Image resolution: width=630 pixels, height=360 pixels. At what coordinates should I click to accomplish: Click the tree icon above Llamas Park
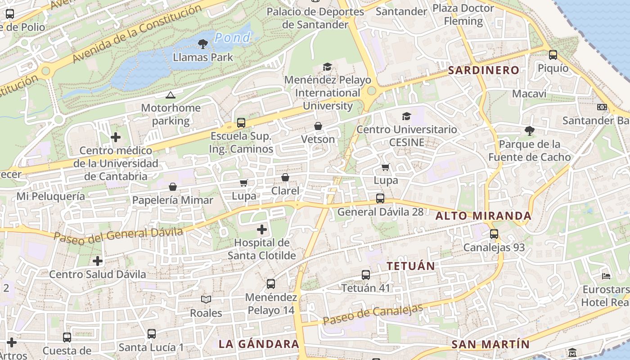click(203, 44)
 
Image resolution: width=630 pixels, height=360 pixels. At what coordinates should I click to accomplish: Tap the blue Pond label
click(232, 38)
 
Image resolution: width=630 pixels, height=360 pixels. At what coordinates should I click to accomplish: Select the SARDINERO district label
click(484, 70)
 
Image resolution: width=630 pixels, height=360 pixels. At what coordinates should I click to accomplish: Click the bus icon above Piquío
click(553, 55)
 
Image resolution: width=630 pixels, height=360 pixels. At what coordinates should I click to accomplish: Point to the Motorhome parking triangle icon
click(170, 95)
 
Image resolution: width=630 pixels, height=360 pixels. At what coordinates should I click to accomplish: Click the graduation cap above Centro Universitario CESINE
click(406, 116)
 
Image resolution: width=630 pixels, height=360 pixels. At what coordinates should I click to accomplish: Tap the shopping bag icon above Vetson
click(318, 126)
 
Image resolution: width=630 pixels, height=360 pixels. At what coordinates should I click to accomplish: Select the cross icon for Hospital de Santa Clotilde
click(261, 230)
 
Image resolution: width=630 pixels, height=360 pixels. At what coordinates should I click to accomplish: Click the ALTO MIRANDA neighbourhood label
click(483, 216)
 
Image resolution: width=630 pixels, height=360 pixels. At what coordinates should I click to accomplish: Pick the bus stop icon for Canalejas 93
click(494, 234)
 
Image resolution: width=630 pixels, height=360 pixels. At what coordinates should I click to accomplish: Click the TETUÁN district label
click(411, 266)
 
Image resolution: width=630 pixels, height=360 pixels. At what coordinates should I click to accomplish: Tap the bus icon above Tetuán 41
click(366, 274)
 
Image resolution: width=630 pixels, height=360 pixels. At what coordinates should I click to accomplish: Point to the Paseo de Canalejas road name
click(373, 314)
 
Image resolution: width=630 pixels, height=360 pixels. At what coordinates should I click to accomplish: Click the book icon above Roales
click(206, 299)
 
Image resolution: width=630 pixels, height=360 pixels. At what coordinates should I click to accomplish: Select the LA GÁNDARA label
click(259, 344)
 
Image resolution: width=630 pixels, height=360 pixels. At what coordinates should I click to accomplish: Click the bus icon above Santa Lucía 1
click(152, 334)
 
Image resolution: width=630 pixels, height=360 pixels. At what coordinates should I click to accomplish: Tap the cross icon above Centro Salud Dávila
click(98, 261)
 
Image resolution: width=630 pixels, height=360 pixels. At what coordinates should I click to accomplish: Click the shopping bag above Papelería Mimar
click(173, 187)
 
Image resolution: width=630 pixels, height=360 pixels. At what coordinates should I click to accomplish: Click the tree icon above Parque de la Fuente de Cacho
click(530, 131)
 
